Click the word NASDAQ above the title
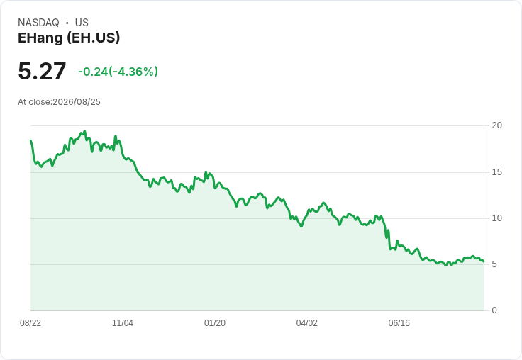(x=38, y=23)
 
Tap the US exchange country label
(x=82, y=23)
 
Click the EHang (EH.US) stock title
(x=69, y=38)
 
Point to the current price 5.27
(x=42, y=71)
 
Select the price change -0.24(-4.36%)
(x=118, y=72)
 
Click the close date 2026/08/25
(x=77, y=102)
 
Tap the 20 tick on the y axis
(x=496, y=125)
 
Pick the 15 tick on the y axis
(x=496, y=172)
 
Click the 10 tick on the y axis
(x=496, y=218)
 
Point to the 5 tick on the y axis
(x=494, y=264)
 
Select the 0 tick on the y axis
(x=494, y=310)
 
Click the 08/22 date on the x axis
(x=30, y=323)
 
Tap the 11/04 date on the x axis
(x=123, y=323)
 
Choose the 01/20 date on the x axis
(x=215, y=323)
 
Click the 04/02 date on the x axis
(x=307, y=323)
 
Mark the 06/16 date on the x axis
(x=399, y=323)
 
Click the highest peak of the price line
(x=84, y=131)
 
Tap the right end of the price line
(x=484, y=261)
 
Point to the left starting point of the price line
(x=30, y=140)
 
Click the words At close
(x=35, y=102)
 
